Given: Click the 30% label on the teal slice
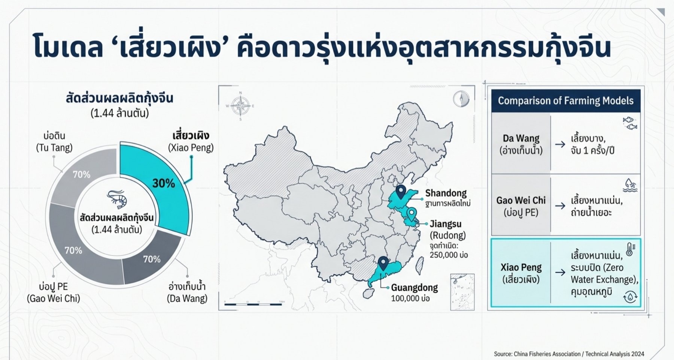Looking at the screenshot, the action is tap(164, 183).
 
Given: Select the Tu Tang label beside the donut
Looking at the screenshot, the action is tap(54, 142).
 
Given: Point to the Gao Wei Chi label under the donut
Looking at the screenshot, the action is tap(54, 293).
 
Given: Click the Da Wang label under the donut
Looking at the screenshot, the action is tap(187, 293).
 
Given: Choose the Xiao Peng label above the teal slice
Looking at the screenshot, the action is tap(191, 141).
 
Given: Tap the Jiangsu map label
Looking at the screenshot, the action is tap(446, 224).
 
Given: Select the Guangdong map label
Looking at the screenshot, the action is tap(415, 287).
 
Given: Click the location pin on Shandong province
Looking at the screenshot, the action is tap(401, 192).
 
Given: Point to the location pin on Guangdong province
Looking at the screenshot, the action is tap(383, 263).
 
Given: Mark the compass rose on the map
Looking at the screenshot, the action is tap(240, 106).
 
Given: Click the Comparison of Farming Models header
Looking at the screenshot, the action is tap(566, 101).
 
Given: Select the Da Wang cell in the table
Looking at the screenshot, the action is tap(521, 144).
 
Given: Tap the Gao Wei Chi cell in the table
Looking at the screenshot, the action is tap(521, 206).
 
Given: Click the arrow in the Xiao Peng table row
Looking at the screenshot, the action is tap(560, 272).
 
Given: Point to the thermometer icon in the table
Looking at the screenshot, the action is tap(630, 249).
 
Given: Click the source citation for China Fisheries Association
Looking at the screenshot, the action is tap(569, 354).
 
